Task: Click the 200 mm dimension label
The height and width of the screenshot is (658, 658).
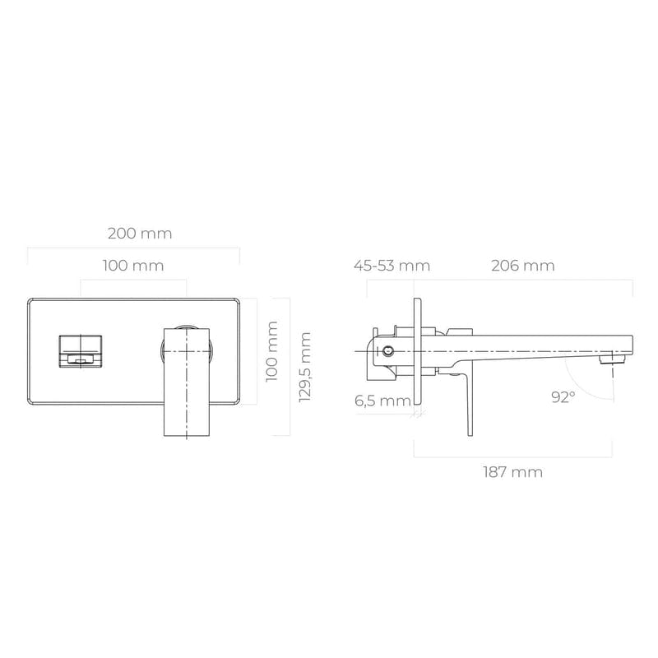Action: click(x=140, y=233)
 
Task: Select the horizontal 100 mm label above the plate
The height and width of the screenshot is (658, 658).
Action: click(x=133, y=266)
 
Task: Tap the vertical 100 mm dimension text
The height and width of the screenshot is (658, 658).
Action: click(x=271, y=350)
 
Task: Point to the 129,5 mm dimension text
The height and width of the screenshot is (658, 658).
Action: click(x=305, y=367)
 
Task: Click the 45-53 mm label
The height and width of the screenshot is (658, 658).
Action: click(x=392, y=266)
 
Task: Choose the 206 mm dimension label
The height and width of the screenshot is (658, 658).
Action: click(x=522, y=266)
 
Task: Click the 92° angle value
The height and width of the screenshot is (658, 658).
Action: click(x=563, y=397)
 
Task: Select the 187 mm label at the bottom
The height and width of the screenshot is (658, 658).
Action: click(x=513, y=472)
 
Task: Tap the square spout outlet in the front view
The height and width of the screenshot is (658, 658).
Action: click(x=80, y=351)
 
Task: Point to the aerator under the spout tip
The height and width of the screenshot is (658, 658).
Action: click(x=609, y=359)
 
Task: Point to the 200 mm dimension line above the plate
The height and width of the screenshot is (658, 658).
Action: click(x=133, y=248)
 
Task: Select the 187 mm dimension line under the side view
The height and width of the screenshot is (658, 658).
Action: click(x=513, y=455)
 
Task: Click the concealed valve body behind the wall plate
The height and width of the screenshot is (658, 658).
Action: click(x=391, y=354)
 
